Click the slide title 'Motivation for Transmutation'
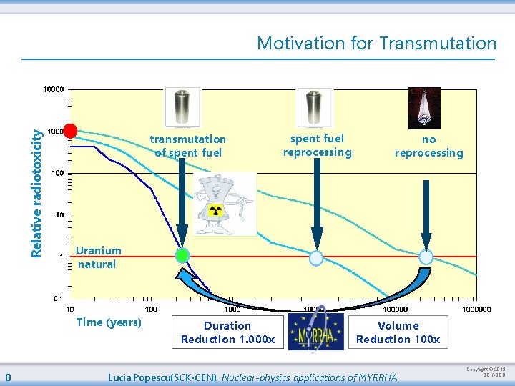(376, 44)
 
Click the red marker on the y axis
(70, 130)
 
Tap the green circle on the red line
(182, 255)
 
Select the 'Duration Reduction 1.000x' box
(227, 332)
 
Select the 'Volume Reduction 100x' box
(398, 332)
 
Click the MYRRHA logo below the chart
(315, 331)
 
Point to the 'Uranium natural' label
(99, 257)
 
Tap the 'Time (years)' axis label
(109, 322)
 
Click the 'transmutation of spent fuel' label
(187, 146)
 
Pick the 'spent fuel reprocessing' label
(317, 145)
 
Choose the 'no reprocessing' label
(428, 146)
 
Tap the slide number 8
(7, 377)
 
